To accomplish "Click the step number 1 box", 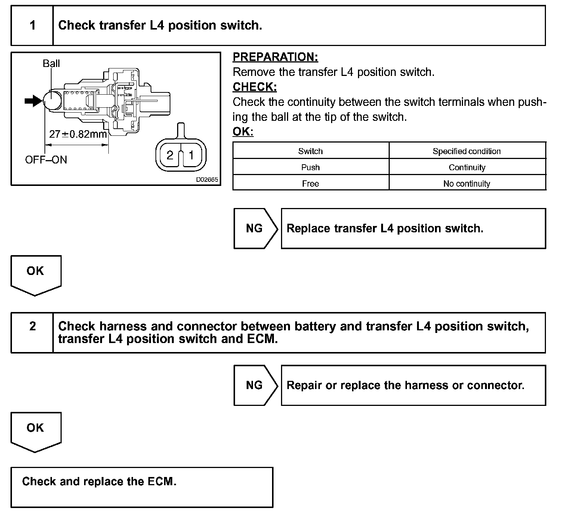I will pos(33,25).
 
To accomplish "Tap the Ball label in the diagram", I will pos(51,63).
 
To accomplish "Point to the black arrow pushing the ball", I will pos(33,101).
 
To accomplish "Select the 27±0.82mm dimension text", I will pos(78,134).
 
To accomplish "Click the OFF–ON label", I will pos(46,160).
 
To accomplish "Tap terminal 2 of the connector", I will pos(170,155).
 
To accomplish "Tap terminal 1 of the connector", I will pos(191,155).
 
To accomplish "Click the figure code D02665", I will pos(207,180).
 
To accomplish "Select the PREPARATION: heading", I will pos(275,57).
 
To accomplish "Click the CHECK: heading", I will pos(255,87).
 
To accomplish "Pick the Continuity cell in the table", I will pos(467,167).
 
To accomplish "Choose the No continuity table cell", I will pos(467,184).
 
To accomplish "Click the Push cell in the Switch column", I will pos(310,167).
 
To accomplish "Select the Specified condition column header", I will pos(467,151).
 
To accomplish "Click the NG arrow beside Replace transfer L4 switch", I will pos(255,228).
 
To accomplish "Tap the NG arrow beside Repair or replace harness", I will pos(255,385).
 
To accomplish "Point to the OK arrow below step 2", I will pos(35,430).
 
